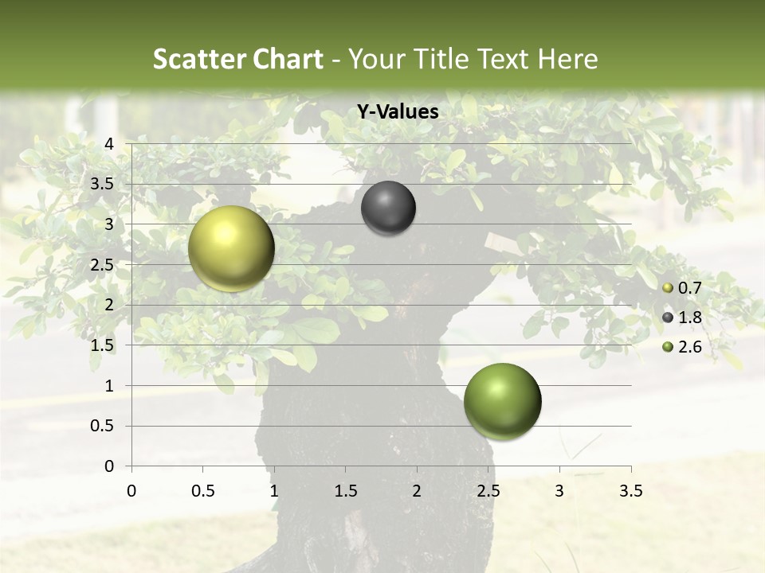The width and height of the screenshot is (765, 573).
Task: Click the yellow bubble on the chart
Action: (231, 248)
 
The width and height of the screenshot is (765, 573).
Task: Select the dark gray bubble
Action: (388, 208)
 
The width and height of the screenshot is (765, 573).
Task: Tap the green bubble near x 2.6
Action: (502, 401)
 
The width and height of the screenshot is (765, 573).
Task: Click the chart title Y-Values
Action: (397, 112)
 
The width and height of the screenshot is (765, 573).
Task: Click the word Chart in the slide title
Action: (288, 59)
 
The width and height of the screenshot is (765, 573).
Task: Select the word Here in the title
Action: (567, 59)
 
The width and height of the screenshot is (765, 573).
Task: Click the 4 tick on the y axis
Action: (110, 144)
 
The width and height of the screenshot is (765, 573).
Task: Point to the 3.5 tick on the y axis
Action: (103, 184)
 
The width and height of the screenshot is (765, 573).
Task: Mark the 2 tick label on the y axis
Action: (110, 305)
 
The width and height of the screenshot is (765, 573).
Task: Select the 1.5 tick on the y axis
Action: (103, 345)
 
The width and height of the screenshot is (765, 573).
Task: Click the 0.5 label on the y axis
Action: (103, 426)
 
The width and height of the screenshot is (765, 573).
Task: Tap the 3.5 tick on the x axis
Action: (630, 491)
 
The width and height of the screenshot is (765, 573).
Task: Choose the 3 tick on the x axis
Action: (559, 491)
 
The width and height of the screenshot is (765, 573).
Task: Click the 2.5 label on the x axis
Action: (488, 491)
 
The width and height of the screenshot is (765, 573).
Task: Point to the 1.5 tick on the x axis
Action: (345, 491)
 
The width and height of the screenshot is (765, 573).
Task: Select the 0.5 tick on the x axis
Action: (202, 491)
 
